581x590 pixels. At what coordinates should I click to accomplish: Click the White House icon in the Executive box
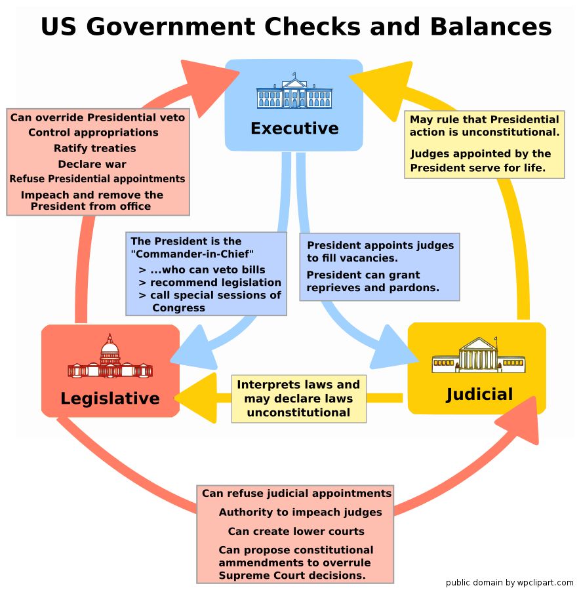click(294, 92)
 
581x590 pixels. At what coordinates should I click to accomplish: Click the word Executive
click(294, 128)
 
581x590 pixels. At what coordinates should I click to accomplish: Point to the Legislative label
click(110, 398)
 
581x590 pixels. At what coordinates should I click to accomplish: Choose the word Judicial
click(479, 394)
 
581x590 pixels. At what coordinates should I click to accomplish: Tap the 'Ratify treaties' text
click(95, 148)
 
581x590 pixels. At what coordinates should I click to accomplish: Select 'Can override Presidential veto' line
click(98, 118)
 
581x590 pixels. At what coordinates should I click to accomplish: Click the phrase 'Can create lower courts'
click(296, 531)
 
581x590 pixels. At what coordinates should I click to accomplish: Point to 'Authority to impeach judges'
click(300, 512)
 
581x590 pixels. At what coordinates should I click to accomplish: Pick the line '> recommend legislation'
click(210, 283)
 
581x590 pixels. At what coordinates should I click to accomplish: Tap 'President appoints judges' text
click(380, 245)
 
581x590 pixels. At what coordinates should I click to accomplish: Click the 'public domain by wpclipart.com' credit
click(510, 582)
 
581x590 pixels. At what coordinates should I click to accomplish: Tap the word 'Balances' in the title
click(491, 27)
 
